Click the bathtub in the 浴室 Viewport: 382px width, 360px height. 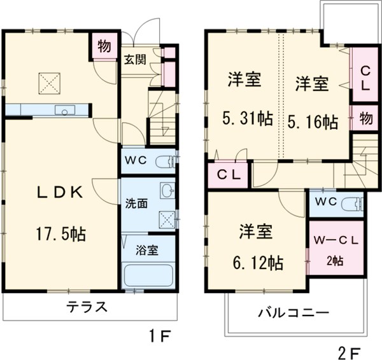[x=148, y=276]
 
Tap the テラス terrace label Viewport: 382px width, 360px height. [x=86, y=307]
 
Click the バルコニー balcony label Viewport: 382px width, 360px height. [x=293, y=313]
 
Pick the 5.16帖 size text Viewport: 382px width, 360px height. [x=313, y=121]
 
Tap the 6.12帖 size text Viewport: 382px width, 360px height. [x=257, y=262]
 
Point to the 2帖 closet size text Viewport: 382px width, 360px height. [x=336, y=261]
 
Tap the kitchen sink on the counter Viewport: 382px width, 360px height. [x=65, y=111]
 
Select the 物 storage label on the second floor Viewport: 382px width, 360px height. [x=365, y=118]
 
